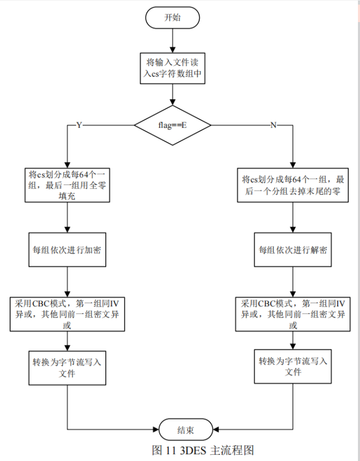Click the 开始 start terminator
coord(173,17)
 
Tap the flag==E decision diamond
coord(173,125)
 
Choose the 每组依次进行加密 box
coord(68,249)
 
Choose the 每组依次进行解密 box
coord(293,249)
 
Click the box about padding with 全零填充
coord(68,186)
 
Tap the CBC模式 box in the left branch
coord(68,314)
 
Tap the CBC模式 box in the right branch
coord(293,314)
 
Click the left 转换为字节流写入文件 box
coord(68,367)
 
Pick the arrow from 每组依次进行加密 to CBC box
coord(68,281)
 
